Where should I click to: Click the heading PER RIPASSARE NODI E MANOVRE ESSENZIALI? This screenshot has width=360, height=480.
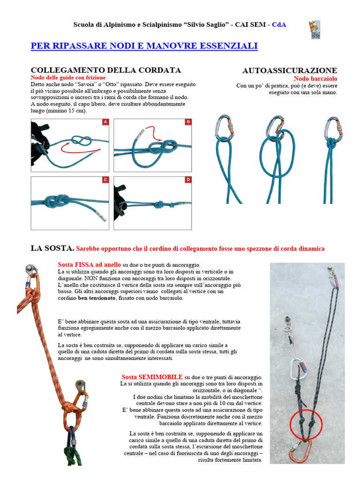coord(144,46)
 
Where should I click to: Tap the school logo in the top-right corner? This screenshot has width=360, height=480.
coord(315,30)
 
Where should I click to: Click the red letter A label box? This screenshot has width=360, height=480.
coord(105,122)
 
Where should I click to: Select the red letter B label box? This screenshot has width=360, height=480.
coord(188,122)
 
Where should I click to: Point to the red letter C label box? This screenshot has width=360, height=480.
coord(105,180)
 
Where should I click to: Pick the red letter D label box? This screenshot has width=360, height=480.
coord(188,180)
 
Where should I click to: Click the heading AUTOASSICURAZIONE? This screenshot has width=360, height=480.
coord(290,71)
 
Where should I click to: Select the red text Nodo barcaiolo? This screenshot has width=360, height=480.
coord(315,79)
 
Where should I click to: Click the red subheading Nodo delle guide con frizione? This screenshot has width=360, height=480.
coord(68,78)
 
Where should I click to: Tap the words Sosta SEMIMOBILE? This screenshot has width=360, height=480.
coord(152,377)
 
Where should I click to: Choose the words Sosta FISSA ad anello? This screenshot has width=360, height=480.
coord(90,265)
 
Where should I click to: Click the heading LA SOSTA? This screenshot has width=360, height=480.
coord(52,248)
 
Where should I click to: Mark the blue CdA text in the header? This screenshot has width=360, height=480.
coord(279,25)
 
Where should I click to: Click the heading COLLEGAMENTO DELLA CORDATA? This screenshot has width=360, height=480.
coord(106,70)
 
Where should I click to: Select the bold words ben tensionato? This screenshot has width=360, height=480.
coord(97,298)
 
